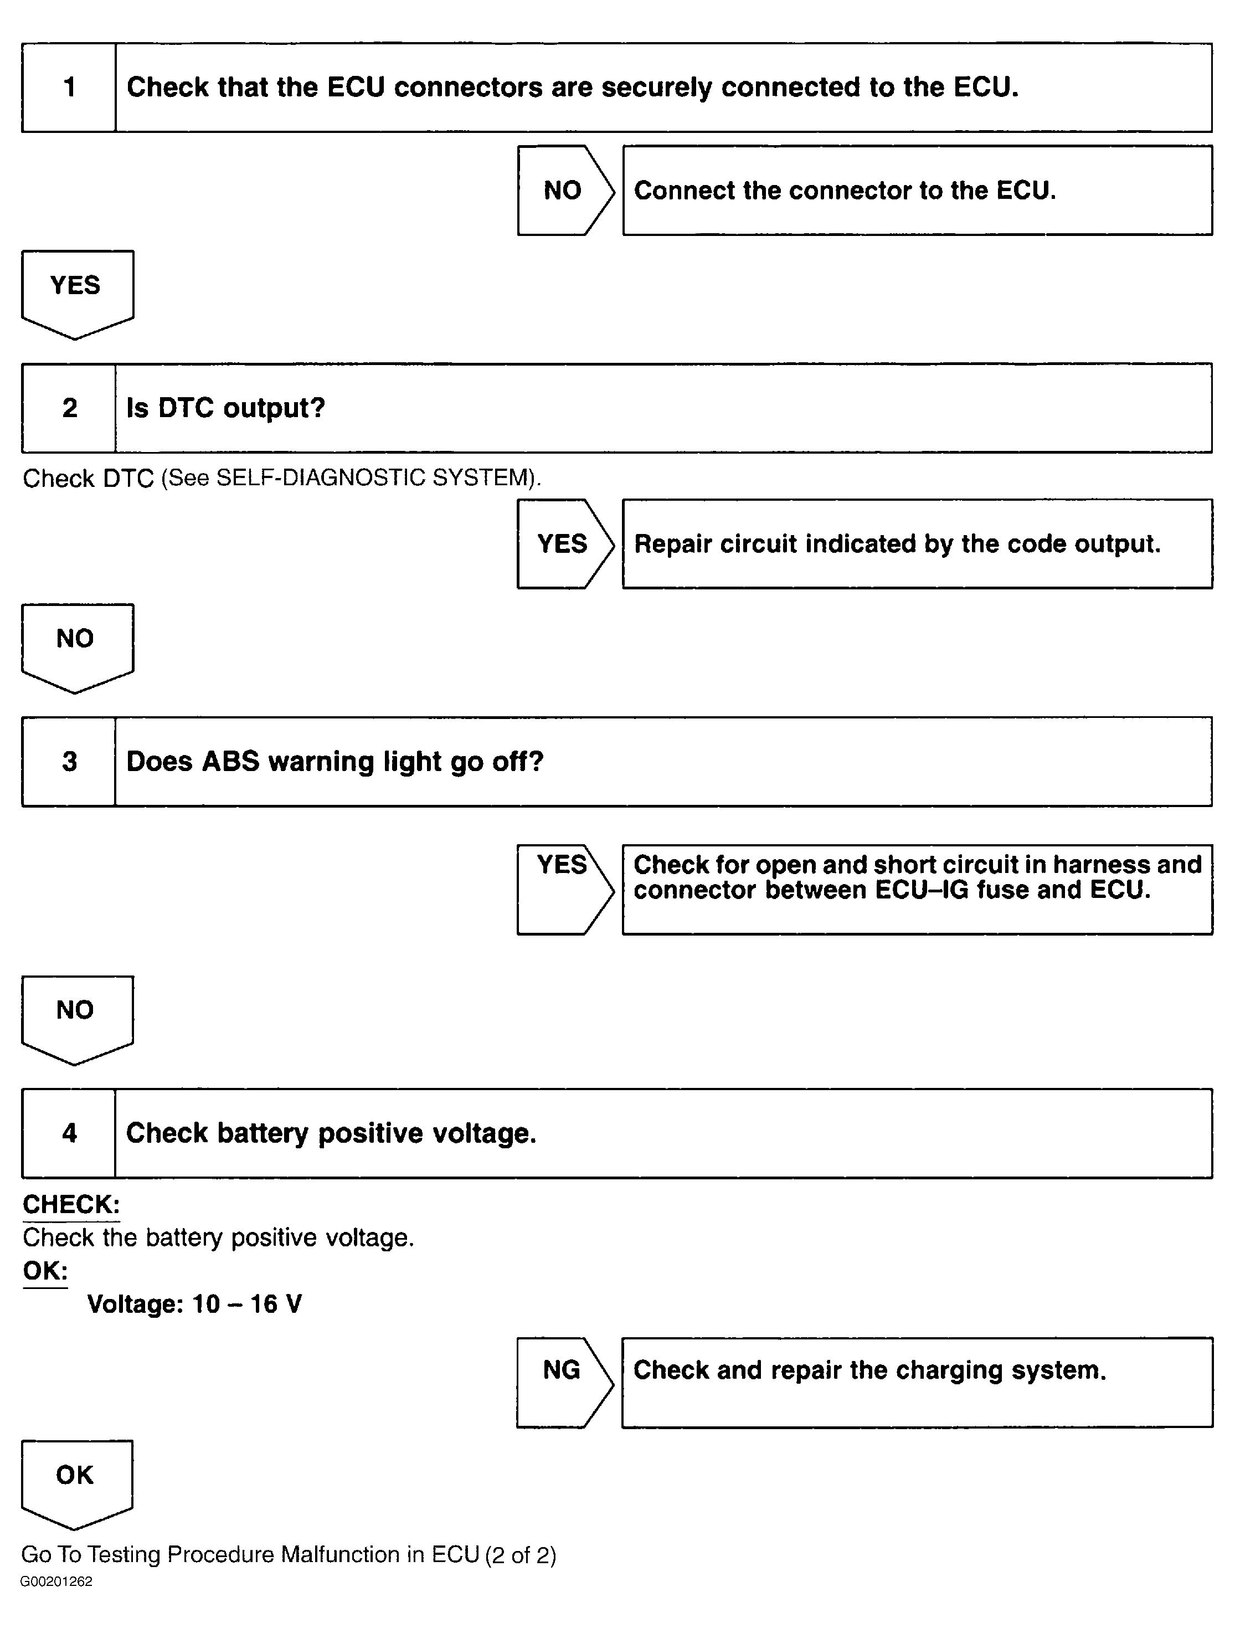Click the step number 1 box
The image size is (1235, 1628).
[x=69, y=88]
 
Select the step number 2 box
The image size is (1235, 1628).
[x=69, y=408]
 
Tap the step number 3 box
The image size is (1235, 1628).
[x=69, y=762]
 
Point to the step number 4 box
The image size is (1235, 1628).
[x=69, y=1133]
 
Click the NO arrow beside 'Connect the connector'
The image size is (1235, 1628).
[x=563, y=191]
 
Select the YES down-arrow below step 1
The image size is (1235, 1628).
[x=76, y=291]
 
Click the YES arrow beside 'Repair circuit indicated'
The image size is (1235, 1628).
[x=563, y=544]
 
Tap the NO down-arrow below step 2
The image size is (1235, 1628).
[x=76, y=644]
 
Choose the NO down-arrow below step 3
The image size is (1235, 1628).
[x=76, y=1016]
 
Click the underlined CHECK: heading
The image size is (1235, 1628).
[x=71, y=1204]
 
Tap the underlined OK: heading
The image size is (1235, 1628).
[x=45, y=1270]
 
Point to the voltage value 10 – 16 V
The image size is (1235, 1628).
[x=246, y=1304]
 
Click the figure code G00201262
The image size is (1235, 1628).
[x=56, y=1581]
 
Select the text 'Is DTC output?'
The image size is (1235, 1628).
[x=225, y=408]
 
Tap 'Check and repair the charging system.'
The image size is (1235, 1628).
[x=869, y=1370]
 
